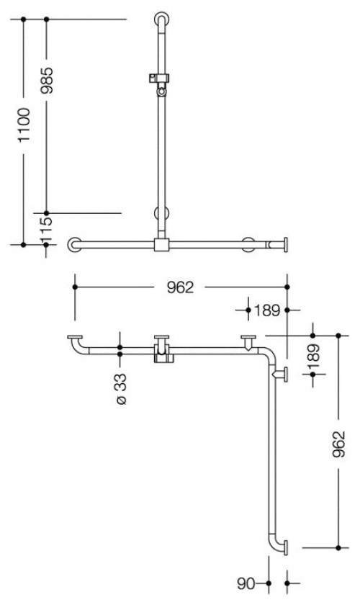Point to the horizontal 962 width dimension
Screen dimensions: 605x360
[179, 287]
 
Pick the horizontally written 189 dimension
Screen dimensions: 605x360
[266, 310]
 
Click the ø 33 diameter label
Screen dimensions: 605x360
[120, 389]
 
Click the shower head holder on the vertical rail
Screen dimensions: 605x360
[161, 78]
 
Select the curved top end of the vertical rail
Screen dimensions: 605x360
[163, 17]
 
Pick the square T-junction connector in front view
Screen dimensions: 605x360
[161, 244]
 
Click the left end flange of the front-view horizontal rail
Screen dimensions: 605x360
[73, 244]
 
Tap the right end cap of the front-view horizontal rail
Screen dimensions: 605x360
[287, 244]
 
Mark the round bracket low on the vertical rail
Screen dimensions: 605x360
[161, 213]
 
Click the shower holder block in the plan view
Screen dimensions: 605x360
[162, 354]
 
